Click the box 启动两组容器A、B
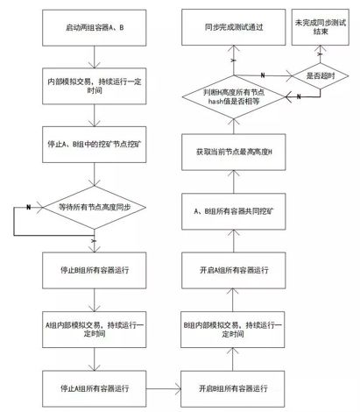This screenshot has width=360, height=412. (94, 28)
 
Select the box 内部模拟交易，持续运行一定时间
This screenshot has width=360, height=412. (94, 86)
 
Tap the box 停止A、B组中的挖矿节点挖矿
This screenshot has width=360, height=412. (94, 145)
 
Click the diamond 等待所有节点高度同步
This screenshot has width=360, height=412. (94, 207)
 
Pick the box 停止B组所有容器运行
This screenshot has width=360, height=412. (94, 270)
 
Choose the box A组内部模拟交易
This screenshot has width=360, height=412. (94, 330)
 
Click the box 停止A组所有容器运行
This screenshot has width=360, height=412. (94, 388)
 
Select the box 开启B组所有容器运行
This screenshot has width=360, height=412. (233, 388)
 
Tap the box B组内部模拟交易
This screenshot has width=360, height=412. (233, 330)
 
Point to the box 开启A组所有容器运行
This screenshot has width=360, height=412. (234, 270)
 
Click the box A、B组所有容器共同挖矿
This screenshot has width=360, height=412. (234, 211)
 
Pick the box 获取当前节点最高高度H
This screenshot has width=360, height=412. (234, 152)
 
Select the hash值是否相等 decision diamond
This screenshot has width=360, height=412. (234, 96)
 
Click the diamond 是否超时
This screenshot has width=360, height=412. (321, 76)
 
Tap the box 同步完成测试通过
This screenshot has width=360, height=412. (234, 27)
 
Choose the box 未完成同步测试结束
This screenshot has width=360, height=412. (321, 27)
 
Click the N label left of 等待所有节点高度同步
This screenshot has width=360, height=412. (28, 207)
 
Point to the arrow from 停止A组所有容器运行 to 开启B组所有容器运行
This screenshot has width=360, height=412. (164, 388)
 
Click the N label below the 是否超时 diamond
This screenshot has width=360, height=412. (299, 96)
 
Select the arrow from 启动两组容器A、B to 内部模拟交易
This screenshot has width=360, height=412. (94, 57)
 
